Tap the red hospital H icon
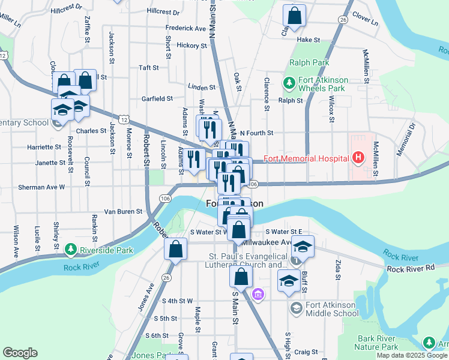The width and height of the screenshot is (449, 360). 358,158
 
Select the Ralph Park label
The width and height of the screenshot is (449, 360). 309,62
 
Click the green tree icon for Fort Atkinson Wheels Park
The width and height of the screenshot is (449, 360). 288,82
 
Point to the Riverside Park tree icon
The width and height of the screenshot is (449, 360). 70,248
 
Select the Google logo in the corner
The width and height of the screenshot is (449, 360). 20,353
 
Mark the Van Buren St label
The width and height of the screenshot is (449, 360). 123,211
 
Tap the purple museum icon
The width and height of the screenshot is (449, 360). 259,295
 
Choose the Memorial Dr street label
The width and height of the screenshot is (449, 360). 406,139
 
